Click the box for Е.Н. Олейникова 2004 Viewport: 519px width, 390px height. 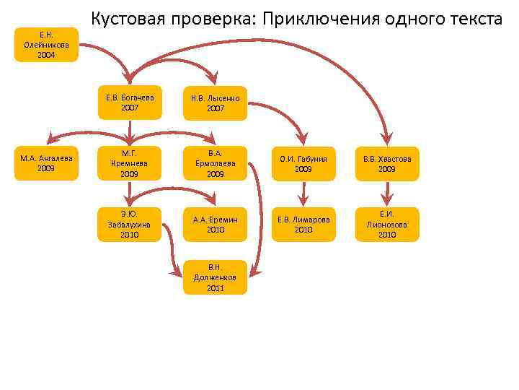[46, 44]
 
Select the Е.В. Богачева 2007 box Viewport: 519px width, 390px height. [130, 103]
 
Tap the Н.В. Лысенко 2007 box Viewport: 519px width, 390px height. [215, 103]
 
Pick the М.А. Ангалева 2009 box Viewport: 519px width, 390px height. [46, 163]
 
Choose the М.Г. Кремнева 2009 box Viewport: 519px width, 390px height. [130, 163]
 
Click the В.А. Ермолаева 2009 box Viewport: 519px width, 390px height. [215, 163]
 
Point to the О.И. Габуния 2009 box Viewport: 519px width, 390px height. [303, 163]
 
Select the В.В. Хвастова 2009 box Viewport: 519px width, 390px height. [387, 163]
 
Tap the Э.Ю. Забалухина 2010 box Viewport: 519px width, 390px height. [130, 224]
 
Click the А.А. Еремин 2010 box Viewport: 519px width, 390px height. [215, 224]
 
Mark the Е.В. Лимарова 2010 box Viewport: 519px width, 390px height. [303, 224]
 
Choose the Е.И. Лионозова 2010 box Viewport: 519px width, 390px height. [387, 224]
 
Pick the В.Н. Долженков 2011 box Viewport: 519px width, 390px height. [215, 277]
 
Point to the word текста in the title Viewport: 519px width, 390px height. [473, 19]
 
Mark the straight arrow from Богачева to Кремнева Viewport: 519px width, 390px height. [130, 133]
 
